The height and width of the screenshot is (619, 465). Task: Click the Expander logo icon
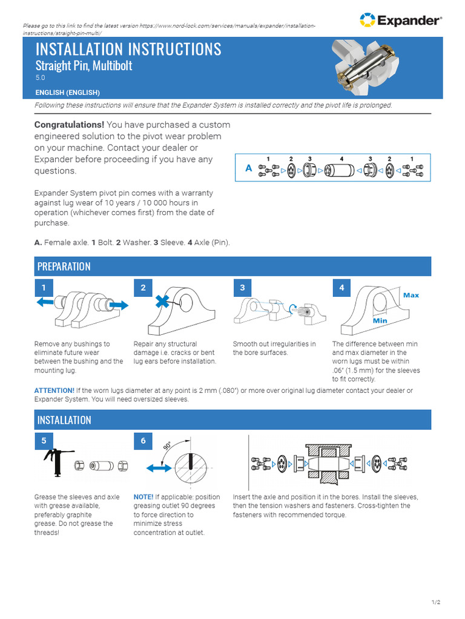[x=367, y=20]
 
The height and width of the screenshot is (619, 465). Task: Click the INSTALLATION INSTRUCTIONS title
[x=128, y=49]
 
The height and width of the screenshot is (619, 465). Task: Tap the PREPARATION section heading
[x=64, y=267]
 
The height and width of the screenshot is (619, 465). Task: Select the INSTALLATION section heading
[x=64, y=420]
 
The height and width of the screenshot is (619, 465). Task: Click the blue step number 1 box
[x=44, y=288]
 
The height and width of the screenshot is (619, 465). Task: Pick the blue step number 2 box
[x=143, y=288]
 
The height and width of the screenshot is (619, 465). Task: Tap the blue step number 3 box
[x=243, y=288]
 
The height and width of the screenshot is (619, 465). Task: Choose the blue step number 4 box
[x=342, y=288]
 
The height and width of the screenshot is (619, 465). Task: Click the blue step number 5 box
[x=44, y=441]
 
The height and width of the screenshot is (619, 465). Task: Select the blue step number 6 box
[x=143, y=441]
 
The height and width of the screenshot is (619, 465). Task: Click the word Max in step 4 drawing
[x=411, y=295]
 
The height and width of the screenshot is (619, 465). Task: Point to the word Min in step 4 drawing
[x=380, y=320]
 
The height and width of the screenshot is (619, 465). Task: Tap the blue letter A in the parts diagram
[x=248, y=169]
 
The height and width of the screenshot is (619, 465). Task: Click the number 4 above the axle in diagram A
[x=341, y=159]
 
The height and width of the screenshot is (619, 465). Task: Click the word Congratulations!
[x=69, y=125]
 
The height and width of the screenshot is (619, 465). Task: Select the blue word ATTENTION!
[x=55, y=391]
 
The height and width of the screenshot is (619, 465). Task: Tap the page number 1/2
[x=435, y=602]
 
